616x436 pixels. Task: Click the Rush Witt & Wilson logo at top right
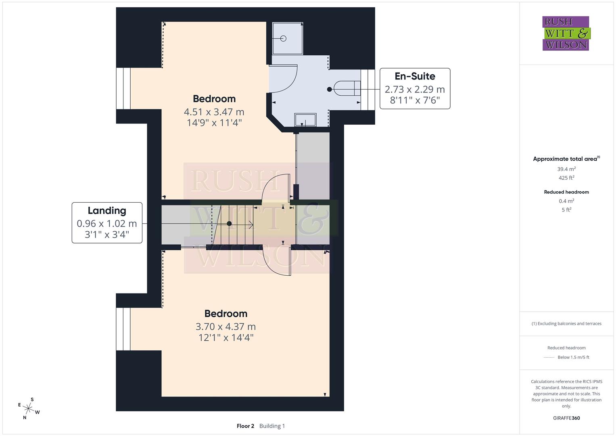(x=566, y=34)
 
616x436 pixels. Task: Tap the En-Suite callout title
(x=415, y=76)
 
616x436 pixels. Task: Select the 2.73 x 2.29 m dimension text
(x=415, y=89)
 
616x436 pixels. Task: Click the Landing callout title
(x=107, y=210)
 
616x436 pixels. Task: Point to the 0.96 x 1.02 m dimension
(x=107, y=223)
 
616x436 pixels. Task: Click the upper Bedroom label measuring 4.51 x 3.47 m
(x=214, y=99)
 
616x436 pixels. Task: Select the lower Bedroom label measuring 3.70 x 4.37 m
(x=226, y=314)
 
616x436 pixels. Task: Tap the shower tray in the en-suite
(x=287, y=38)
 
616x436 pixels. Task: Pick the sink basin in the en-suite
(x=305, y=120)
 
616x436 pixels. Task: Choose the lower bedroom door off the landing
(x=277, y=262)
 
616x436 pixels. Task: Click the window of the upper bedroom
(x=123, y=88)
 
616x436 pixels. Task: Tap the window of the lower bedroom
(x=123, y=329)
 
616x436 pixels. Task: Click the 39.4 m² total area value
(x=566, y=169)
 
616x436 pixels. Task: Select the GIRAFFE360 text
(x=566, y=418)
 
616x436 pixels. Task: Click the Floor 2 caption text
(x=245, y=426)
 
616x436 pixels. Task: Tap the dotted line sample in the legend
(x=549, y=357)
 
